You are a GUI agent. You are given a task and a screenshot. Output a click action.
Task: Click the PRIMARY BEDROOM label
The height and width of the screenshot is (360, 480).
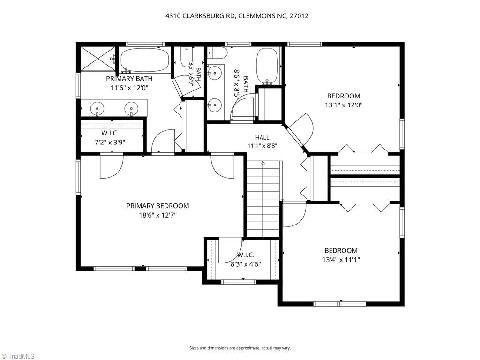(157, 206)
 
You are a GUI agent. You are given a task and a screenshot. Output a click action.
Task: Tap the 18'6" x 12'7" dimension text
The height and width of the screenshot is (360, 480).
(157, 215)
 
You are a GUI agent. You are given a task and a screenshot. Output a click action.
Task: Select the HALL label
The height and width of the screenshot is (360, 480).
(262, 138)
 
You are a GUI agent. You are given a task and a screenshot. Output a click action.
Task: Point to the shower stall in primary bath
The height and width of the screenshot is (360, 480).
(98, 59)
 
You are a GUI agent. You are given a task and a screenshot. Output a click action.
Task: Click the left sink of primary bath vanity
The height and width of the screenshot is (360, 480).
(97, 108)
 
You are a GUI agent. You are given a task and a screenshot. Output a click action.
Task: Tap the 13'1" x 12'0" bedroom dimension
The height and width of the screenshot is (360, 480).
(344, 105)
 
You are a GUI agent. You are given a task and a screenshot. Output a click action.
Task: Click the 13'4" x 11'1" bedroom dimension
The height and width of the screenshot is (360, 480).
(341, 260)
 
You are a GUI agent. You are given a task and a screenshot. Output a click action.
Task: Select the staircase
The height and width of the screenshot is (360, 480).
(263, 199)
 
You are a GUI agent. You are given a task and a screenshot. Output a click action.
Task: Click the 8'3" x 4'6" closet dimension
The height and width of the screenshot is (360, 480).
(246, 264)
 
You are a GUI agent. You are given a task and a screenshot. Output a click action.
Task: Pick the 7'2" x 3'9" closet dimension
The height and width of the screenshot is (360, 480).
(110, 142)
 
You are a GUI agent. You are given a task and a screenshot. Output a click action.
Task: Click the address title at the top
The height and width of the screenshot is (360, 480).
(237, 16)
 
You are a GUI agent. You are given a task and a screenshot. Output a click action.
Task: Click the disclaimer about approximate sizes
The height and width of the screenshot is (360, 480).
(240, 348)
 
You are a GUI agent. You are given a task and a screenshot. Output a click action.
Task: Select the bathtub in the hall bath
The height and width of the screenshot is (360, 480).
(267, 66)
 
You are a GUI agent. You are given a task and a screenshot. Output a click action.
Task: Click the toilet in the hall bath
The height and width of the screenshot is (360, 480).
(217, 53)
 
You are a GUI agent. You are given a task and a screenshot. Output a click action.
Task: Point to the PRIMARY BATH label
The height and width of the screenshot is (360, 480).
(129, 79)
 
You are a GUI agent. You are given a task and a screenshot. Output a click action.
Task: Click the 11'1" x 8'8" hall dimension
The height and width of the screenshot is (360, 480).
(262, 146)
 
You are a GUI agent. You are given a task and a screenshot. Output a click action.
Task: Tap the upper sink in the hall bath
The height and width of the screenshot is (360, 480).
(214, 73)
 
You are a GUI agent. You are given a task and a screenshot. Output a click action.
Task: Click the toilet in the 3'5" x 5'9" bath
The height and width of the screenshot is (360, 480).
(186, 57)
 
